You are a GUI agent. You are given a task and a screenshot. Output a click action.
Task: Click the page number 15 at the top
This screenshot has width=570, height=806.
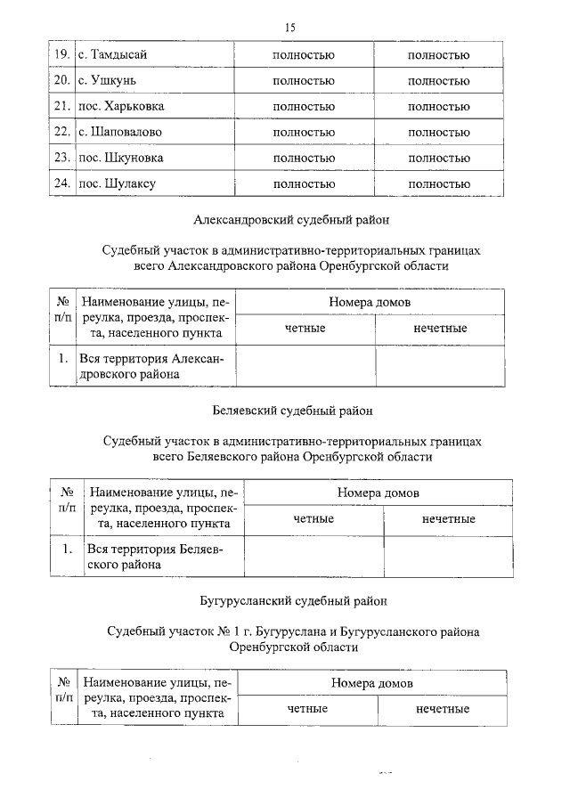click(x=289, y=28)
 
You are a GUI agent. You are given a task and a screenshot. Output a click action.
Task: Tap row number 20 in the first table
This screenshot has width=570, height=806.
click(x=61, y=81)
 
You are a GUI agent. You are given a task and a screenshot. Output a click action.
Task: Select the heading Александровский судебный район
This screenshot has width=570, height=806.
click(x=291, y=218)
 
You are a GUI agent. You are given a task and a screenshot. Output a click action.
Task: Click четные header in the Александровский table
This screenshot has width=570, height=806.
click(x=305, y=329)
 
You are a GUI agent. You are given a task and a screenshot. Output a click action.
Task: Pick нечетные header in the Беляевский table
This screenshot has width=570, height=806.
click(x=448, y=518)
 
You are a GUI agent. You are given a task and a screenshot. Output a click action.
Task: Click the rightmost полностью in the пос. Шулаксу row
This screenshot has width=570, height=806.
click(x=438, y=184)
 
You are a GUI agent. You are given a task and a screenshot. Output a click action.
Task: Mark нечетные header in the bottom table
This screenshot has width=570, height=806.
click(x=443, y=709)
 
